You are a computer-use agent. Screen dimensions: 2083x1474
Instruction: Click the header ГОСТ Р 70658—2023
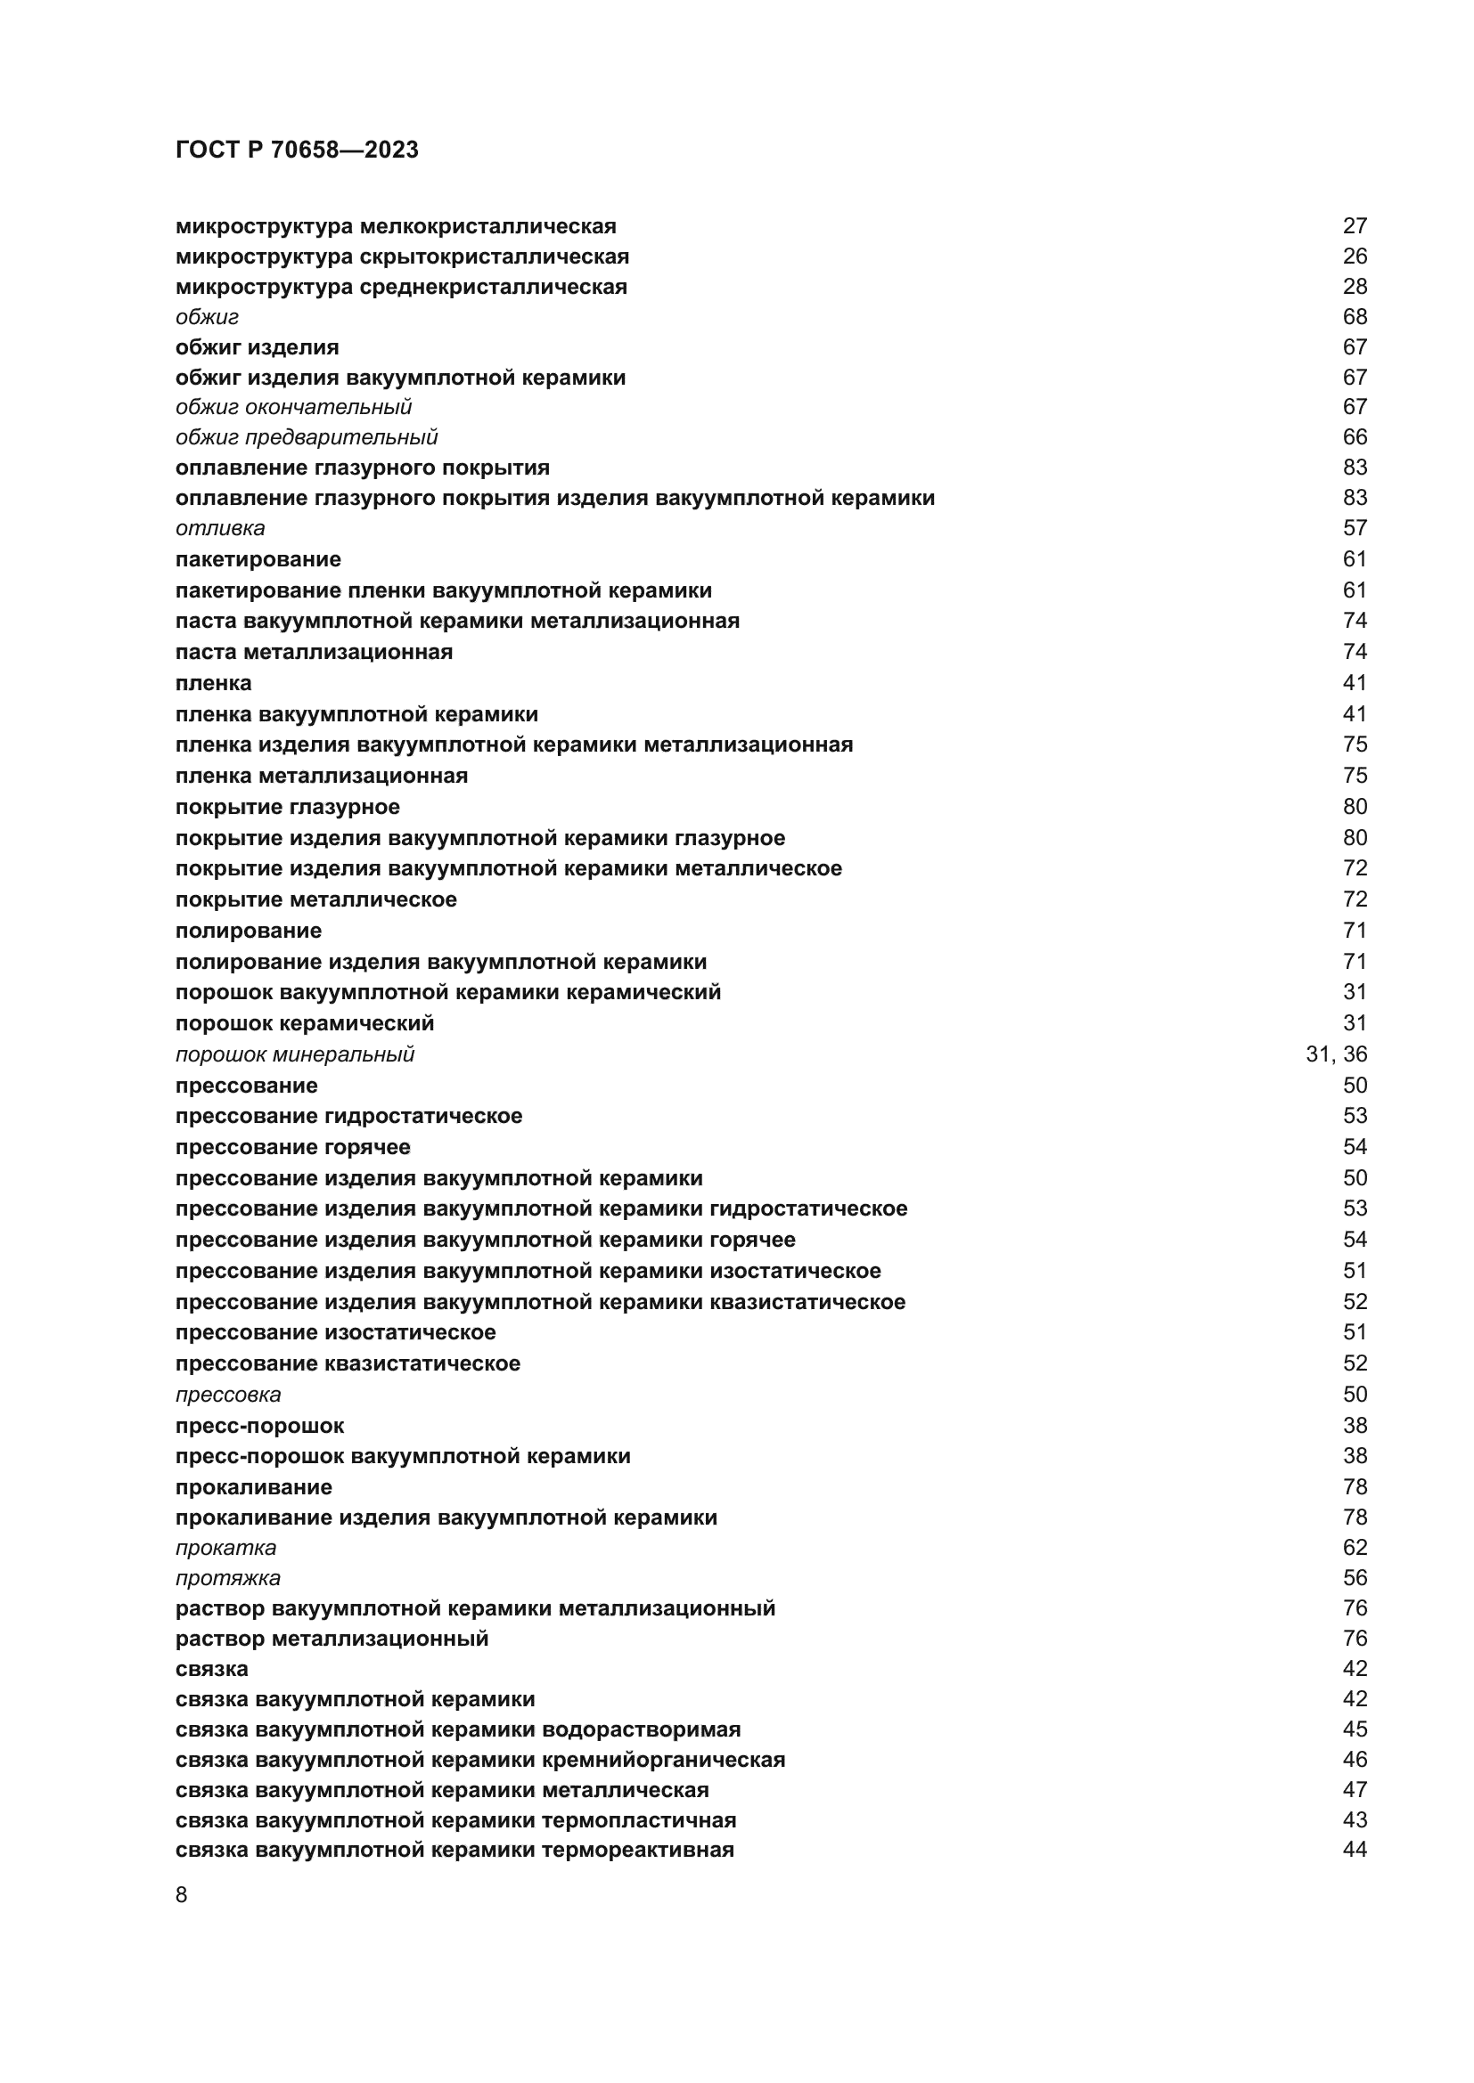(x=297, y=150)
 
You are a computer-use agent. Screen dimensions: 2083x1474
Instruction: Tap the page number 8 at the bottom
(x=182, y=1895)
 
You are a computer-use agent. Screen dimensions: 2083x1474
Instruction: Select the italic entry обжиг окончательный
(x=293, y=407)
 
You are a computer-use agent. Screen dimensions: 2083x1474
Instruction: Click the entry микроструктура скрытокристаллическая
(x=402, y=256)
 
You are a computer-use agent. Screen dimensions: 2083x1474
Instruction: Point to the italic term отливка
(x=219, y=528)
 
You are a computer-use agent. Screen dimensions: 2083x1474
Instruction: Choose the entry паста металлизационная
(x=313, y=652)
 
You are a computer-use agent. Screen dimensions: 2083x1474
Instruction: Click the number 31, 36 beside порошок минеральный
(x=1335, y=1054)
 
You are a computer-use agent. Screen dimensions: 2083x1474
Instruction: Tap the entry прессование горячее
(x=292, y=1148)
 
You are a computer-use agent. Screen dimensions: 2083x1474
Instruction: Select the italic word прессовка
(x=228, y=1395)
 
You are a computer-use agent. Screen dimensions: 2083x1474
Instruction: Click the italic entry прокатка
(x=225, y=1548)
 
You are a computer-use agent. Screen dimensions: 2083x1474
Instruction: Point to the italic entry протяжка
(x=228, y=1579)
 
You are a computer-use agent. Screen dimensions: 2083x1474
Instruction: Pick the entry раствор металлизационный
(x=332, y=1639)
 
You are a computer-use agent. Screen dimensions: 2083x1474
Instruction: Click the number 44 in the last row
(x=1355, y=1850)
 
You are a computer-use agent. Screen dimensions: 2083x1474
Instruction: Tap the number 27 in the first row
(x=1355, y=226)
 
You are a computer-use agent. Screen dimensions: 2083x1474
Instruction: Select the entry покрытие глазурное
(x=287, y=808)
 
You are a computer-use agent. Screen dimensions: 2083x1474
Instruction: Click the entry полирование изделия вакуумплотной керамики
(x=440, y=962)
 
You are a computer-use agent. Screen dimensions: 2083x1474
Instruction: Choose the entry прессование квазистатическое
(x=348, y=1363)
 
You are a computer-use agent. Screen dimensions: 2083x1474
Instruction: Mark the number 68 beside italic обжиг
(x=1355, y=317)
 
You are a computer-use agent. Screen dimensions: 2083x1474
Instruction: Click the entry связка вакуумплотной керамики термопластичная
(x=454, y=1820)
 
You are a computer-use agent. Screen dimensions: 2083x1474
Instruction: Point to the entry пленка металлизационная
(x=322, y=776)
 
